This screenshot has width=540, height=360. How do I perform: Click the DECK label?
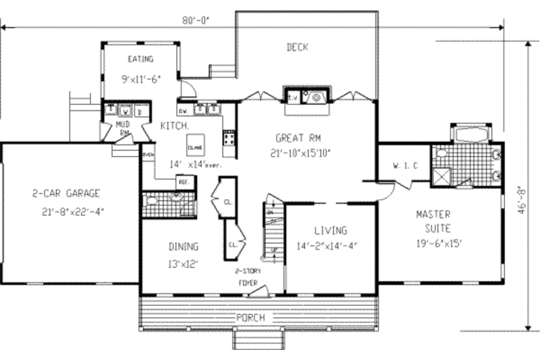tap(297, 47)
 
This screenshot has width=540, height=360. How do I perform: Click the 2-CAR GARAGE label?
tap(67, 193)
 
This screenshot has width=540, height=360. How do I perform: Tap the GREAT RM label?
tap(297, 137)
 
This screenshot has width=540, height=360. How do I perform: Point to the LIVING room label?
tap(330, 230)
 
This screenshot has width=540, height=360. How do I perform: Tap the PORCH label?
tap(250, 317)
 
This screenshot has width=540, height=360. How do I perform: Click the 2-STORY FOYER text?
tap(246, 276)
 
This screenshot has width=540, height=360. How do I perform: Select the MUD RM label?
tap(122, 128)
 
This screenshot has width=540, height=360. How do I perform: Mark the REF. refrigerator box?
tap(183, 180)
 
